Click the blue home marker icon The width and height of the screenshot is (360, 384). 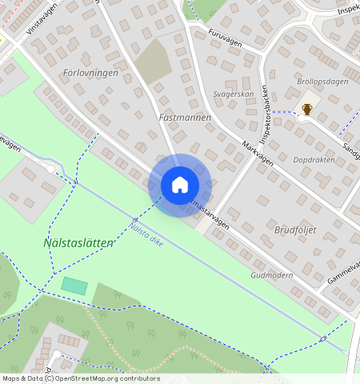(x=180, y=185)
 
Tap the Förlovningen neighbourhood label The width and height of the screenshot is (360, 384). (x=90, y=73)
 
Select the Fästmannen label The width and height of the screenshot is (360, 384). (x=185, y=117)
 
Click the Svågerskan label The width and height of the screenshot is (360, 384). (x=234, y=94)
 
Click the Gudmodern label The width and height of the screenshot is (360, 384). (x=273, y=274)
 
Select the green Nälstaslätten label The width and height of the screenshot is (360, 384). (x=78, y=242)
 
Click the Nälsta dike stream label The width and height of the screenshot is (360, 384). (x=146, y=233)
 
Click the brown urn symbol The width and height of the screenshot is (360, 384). (x=306, y=110)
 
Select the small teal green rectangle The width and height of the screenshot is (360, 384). (x=74, y=286)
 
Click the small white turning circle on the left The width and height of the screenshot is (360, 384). (x=50, y=169)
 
